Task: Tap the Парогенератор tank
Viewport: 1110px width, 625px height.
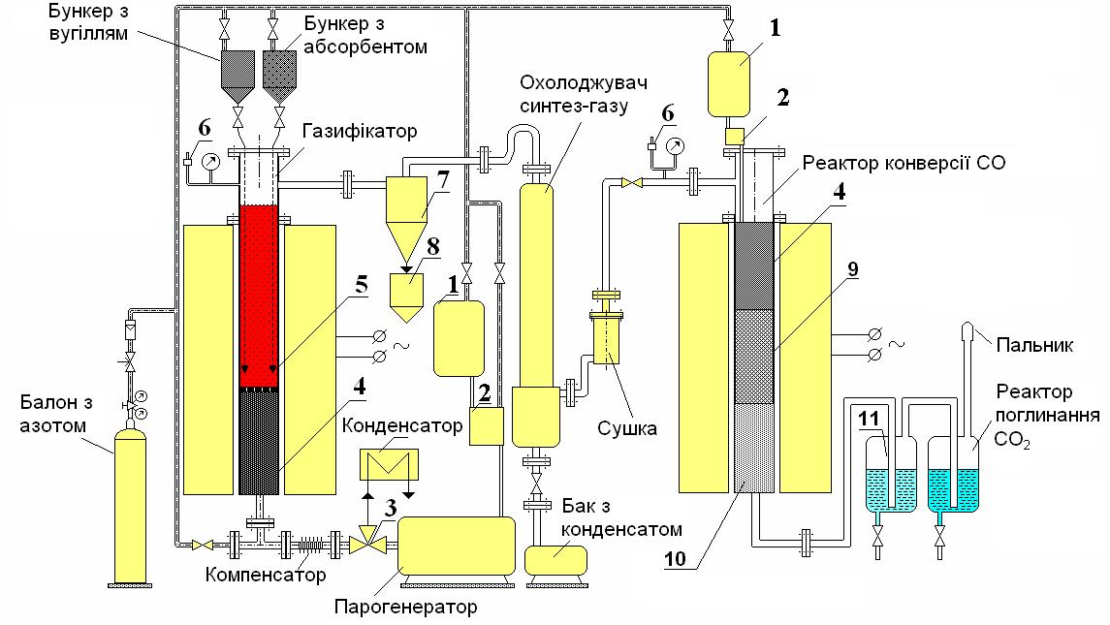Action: pos(457,546)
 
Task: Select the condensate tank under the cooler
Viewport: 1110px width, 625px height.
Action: pos(555,560)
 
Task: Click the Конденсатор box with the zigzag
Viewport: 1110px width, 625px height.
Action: pos(389,466)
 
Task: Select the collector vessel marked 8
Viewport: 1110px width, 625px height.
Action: pos(406,296)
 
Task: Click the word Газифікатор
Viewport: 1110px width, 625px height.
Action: pos(360,131)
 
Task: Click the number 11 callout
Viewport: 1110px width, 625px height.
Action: pos(869,419)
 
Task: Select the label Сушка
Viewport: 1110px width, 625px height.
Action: pos(627,428)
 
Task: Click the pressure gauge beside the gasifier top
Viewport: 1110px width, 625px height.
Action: pos(210,162)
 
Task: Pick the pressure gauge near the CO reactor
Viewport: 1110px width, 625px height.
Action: pos(676,146)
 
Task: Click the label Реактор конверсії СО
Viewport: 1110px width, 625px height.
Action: pos(904,163)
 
